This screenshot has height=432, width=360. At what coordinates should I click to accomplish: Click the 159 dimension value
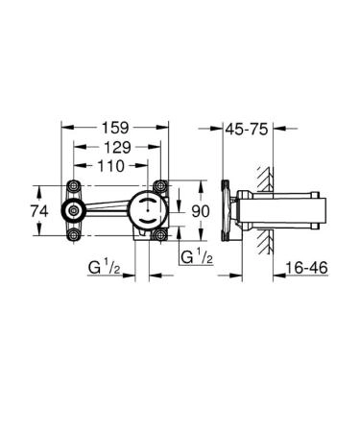tap(116, 126)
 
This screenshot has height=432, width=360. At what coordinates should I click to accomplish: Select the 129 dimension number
tap(116, 146)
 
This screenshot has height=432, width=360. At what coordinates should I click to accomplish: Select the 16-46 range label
tap(306, 272)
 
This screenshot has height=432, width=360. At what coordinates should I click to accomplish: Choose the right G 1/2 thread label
tap(197, 257)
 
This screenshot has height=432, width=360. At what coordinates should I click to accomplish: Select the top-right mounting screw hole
tap(157, 186)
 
